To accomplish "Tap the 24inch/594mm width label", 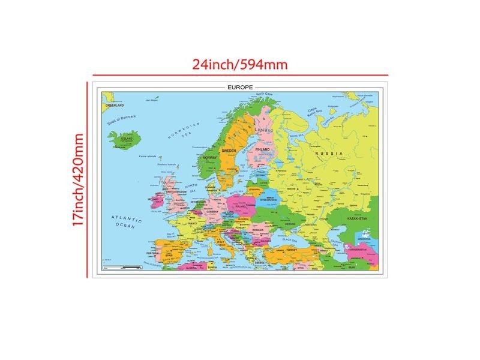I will tap(239, 64).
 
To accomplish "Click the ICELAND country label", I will tap(127, 138).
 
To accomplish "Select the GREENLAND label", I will tap(115, 105).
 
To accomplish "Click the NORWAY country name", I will tap(209, 158).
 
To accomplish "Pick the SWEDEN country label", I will tap(229, 151).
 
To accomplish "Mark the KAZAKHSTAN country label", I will tap(356, 219).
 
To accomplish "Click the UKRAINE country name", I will tap(290, 224).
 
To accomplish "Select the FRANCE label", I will tap(193, 223).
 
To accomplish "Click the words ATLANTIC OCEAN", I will tap(126, 221).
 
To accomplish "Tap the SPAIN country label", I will tap(169, 255).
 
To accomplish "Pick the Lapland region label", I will tap(263, 129).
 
